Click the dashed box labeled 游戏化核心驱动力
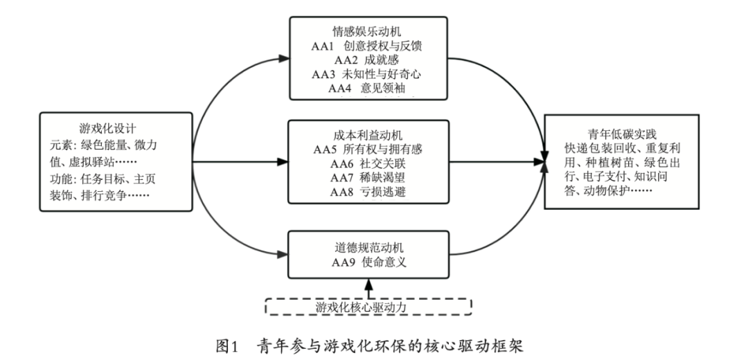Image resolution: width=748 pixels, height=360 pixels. click(x=368, y=305)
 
